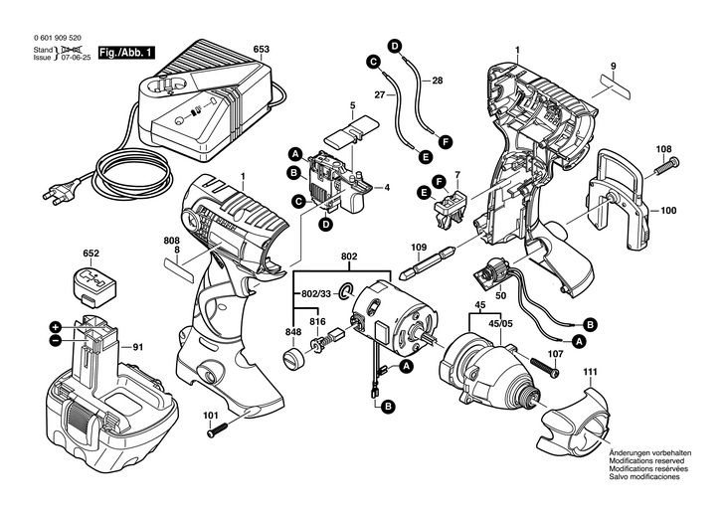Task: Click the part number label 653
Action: (x=261, y=49)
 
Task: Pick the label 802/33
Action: (x=315, y=295)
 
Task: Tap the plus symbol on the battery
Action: (x=56, y=326)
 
